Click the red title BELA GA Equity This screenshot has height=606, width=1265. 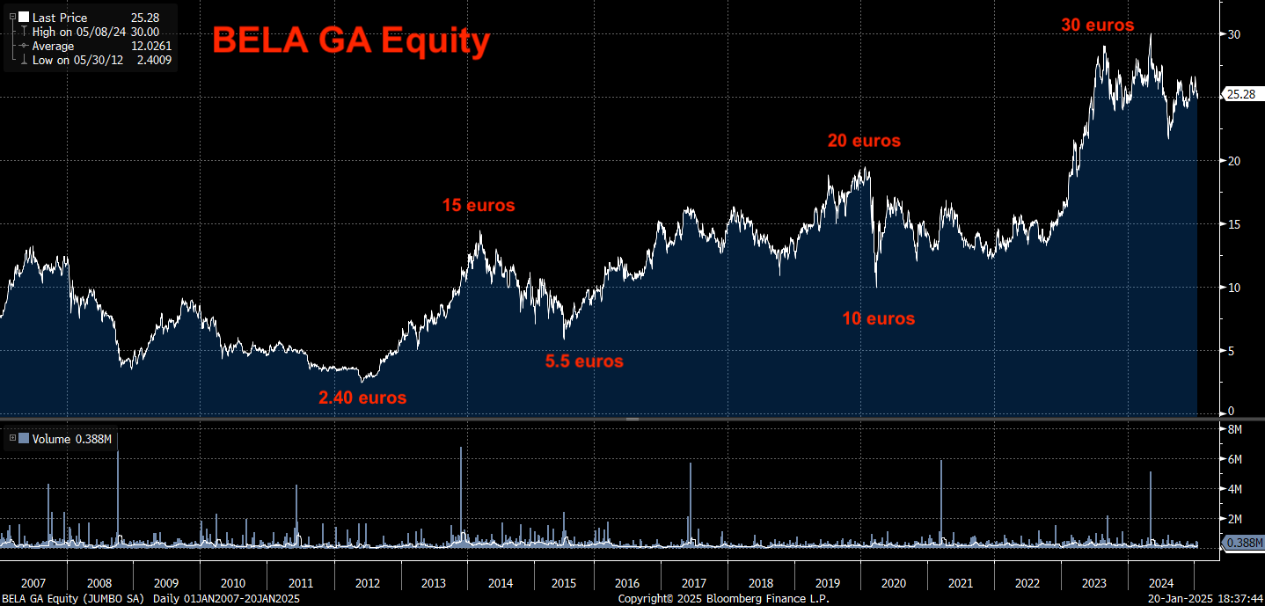tap(350, 40)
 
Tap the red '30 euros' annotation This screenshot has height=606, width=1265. tap(1097, 26)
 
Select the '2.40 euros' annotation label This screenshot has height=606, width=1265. tap(362, 398)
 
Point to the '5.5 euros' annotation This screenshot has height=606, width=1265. tap(584, 361)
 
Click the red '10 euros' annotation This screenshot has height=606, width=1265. tap(878, 318)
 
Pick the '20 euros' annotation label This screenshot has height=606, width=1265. tap(864, 141)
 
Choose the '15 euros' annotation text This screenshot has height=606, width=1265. tap(478, 206)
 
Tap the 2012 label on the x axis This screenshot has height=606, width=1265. tap(368, 583)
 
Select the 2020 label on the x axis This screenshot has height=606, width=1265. tap(893, 583)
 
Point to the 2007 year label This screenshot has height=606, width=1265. tap(33, 583)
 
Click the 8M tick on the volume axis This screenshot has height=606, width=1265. tap(1234, 429)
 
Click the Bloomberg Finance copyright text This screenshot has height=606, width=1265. tap(723, 598)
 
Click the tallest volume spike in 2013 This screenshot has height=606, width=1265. tap(461, 450)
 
